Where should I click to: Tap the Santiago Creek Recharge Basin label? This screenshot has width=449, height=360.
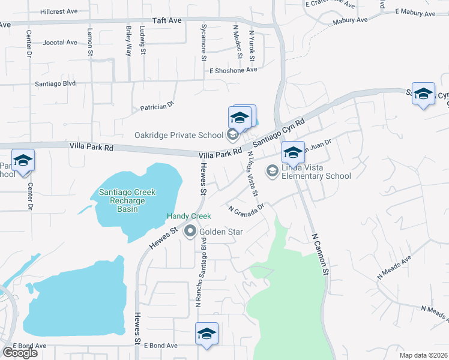tap(127, 200)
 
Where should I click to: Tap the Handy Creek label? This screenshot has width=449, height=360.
tap(189, 216)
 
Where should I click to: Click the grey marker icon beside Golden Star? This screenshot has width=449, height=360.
tap(191, 231)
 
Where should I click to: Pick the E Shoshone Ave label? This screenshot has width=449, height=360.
tap(233, 70)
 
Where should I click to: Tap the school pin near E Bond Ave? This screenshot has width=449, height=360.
tap(206, 334)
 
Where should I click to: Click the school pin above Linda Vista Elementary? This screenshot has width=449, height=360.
tap(293, 152)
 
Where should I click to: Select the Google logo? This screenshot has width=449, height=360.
tap(19, 353)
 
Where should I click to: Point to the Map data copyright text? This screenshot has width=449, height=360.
tap(424, 355)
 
